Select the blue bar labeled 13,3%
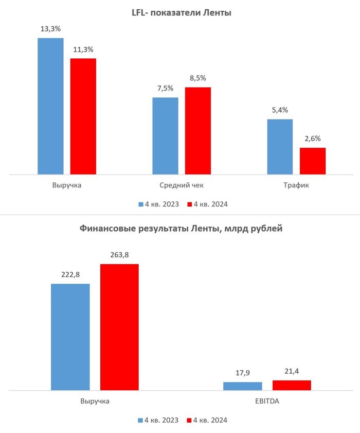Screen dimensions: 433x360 50,106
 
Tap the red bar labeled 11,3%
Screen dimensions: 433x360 83,116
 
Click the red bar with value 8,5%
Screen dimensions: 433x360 198,131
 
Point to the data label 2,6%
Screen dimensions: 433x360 313,138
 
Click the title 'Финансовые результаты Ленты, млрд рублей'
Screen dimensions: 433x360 181,229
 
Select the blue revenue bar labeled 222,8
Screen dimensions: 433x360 70,337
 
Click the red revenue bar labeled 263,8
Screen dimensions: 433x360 119,327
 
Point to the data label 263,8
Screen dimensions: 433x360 119,254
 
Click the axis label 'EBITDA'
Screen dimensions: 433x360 267,401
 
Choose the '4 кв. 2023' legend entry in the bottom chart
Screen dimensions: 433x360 158,420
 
